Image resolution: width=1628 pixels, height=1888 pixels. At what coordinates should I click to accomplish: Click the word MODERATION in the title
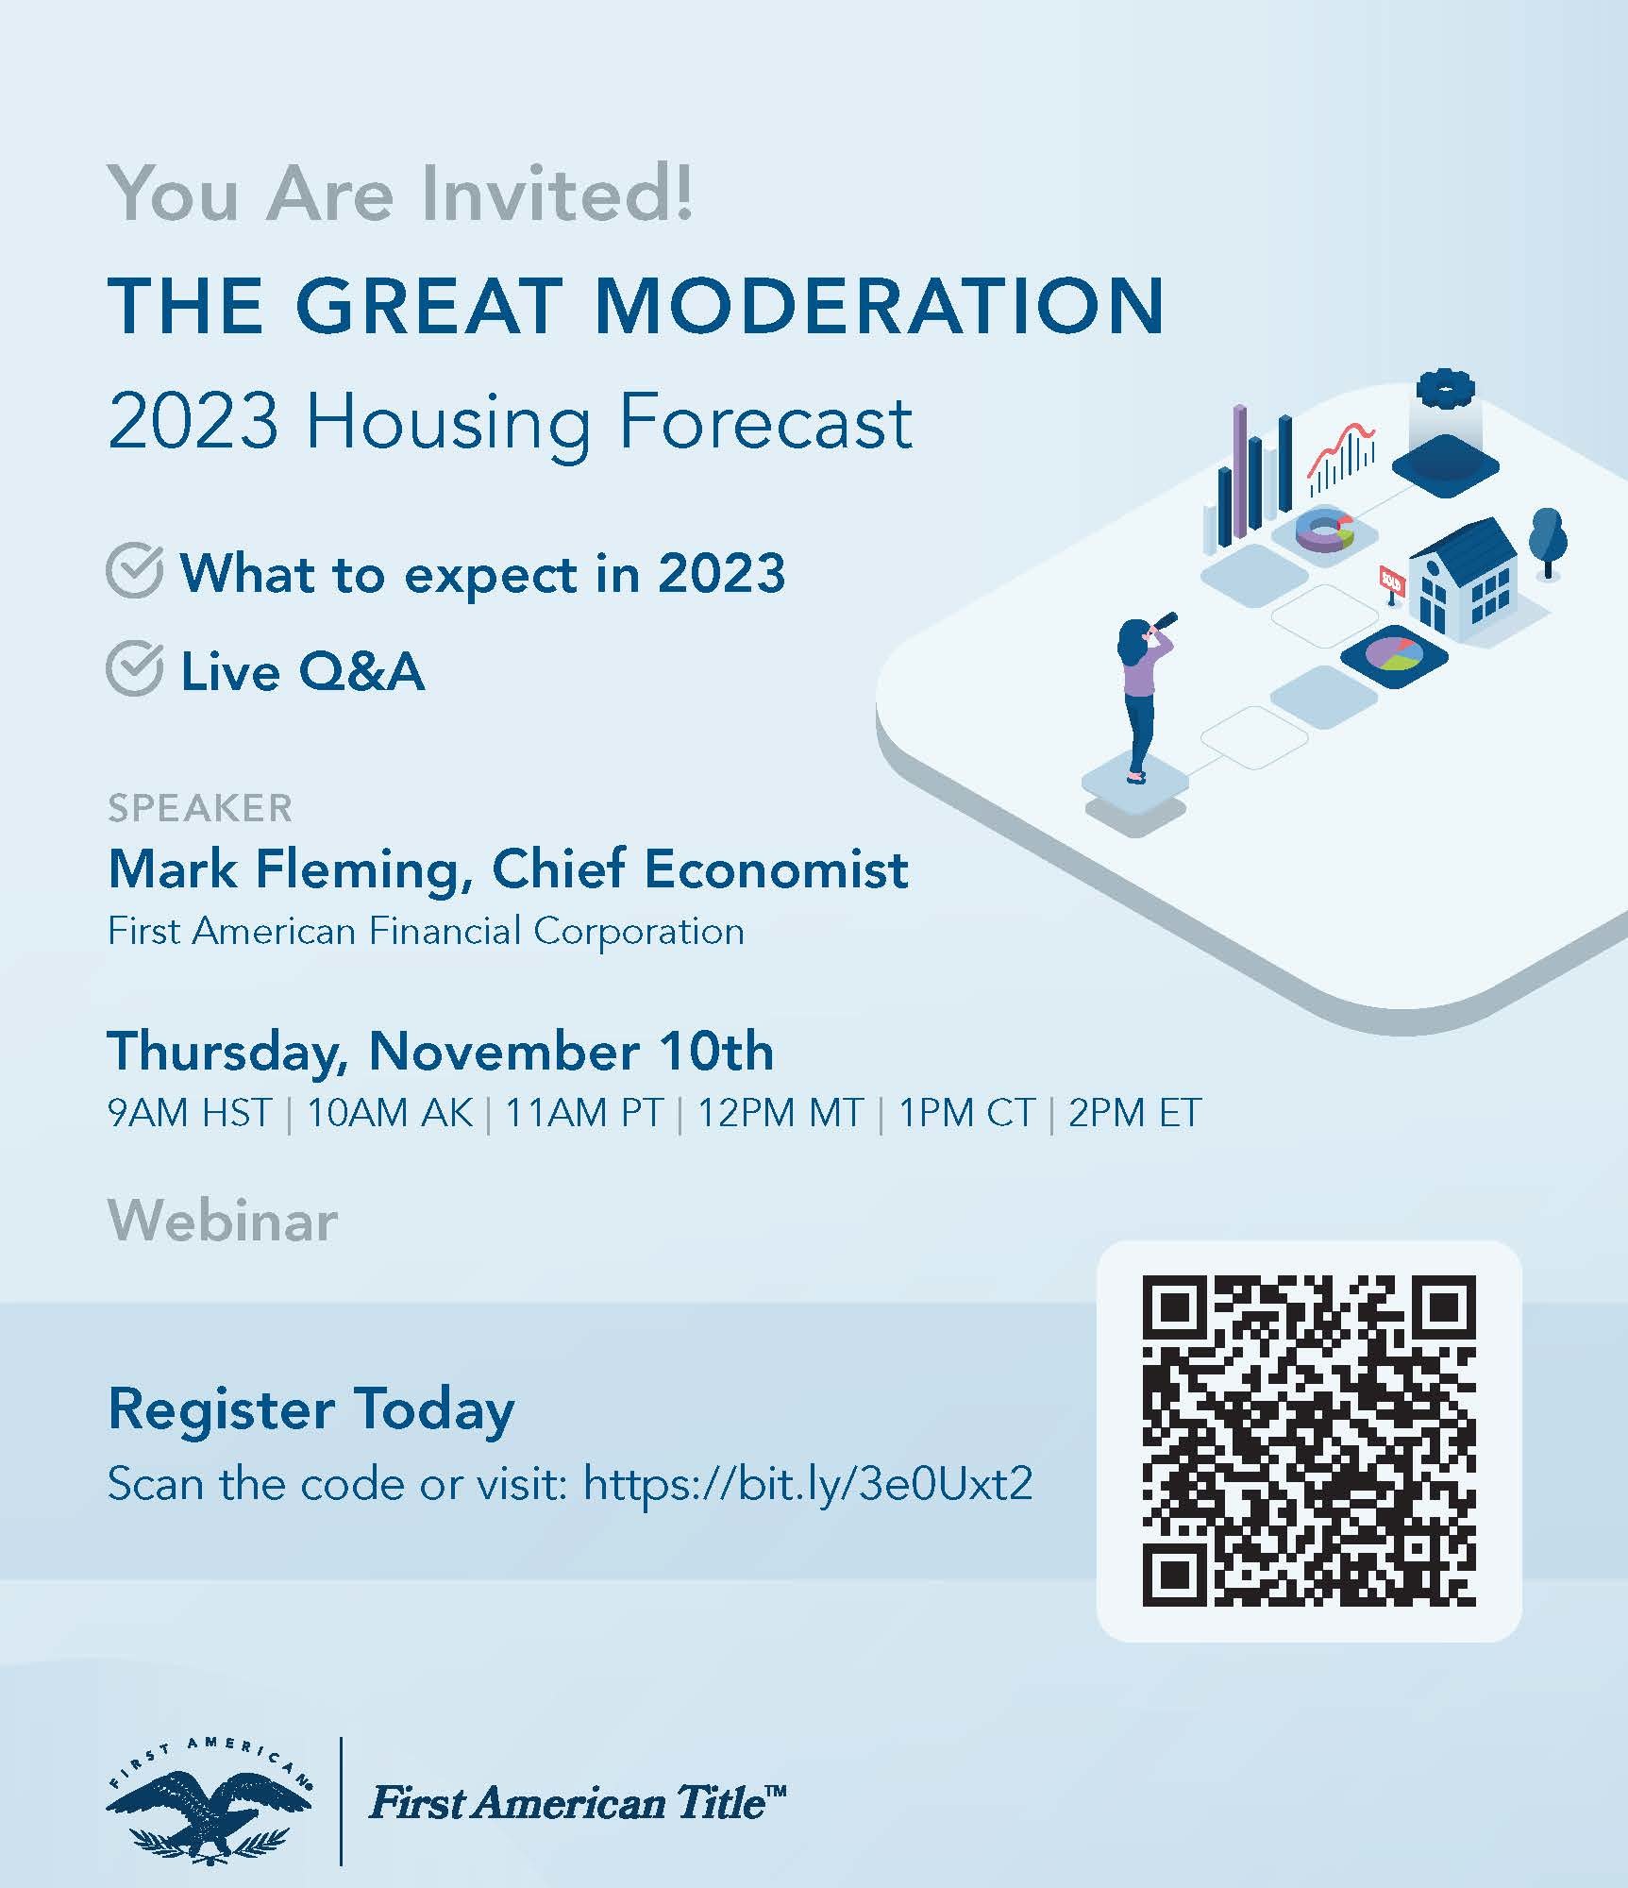[x=880, y=306]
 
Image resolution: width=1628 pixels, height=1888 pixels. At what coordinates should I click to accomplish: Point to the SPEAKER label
[x=200, y=808]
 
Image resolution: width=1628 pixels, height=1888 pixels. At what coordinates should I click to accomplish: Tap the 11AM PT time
[x=584, y=1113]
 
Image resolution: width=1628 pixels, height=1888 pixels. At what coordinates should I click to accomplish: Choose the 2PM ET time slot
[x=1134, y=1113]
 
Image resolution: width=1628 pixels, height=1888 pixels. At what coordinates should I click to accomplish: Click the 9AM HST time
[x=191, y=1113]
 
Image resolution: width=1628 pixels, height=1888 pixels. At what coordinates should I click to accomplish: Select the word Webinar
[x=223, y=1221]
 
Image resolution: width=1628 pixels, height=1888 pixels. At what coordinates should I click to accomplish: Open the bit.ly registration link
[x=808, y=1483]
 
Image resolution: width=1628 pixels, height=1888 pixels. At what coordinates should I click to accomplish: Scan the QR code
[x=1309, y=1441]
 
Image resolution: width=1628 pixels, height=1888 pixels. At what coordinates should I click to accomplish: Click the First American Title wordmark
[x=577, y=1802]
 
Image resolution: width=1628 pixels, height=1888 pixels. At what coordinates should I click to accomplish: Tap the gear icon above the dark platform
[x=1446, y=390]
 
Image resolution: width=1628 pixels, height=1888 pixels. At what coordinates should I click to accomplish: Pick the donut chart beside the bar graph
[x=1325, y=531]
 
